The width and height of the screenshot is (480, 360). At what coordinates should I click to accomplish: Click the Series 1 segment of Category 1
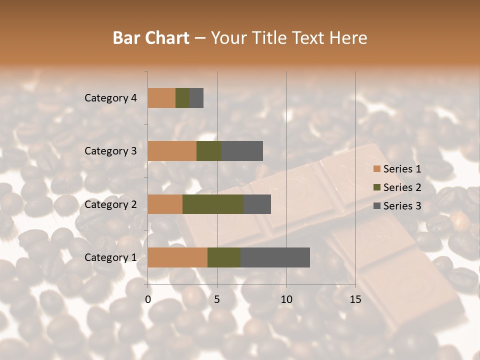pos(177,257)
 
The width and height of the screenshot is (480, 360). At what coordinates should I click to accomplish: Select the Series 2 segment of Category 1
pos(224,257)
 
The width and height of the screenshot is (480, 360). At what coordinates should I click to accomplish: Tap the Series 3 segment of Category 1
pos(275,257)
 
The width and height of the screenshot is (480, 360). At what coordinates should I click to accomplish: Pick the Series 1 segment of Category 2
pos(165,204)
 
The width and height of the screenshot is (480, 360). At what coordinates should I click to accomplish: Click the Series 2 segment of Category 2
pos(213,204)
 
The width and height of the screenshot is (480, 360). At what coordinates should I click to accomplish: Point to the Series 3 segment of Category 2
pos(257,204)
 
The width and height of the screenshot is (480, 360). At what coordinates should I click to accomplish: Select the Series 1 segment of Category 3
pos(172,150)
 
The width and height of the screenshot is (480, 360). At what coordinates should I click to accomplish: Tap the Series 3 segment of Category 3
pos(242,150)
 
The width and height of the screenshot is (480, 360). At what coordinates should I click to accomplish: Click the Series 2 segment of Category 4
pos(182,97)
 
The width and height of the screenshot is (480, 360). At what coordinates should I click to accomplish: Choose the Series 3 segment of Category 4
pos(196,97)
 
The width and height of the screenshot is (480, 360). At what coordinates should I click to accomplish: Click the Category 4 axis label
pos(110,98)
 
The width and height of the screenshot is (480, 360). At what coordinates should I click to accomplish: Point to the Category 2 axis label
pos(110,204)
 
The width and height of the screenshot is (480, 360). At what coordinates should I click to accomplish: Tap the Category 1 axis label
pos(110,257)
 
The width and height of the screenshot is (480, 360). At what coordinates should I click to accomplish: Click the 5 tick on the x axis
pos(217,299)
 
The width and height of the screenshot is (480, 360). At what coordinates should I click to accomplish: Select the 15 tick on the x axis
pos(355,299)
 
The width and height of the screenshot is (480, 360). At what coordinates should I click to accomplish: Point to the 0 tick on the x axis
pos(148,299)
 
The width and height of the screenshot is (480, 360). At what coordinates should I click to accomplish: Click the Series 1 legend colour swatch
pos(376,169)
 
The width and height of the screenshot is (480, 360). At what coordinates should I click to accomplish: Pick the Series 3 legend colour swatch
pos(376,206)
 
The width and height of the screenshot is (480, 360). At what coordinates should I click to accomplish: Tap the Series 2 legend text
pos(402,187)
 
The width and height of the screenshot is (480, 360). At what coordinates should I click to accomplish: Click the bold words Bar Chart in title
pos(151,38)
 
